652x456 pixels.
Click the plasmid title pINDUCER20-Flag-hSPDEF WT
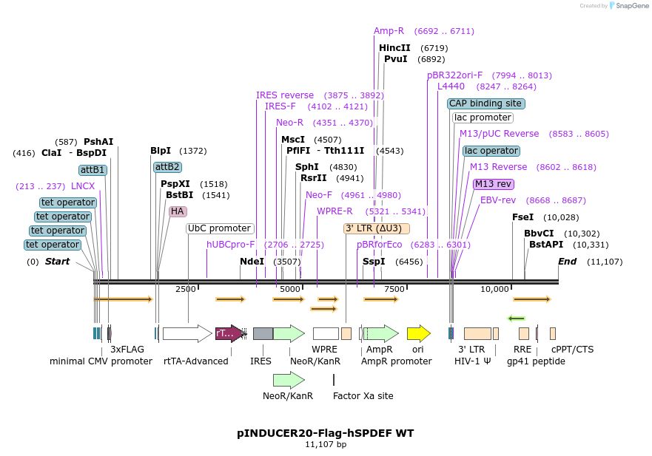coord(326,433)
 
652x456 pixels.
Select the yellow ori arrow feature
coord(418,333)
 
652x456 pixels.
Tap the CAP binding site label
coord(485,103)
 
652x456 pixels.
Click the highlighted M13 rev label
coord(493,184)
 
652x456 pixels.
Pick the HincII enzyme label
coord(394,48)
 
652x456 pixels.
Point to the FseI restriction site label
coord(522,217)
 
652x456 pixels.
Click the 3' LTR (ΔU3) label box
coord(377,228)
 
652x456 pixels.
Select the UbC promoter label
coord(219,228)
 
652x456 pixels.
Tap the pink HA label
coord(178,211)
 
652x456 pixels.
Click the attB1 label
coord(93,170)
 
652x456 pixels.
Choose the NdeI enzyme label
coord(252,262)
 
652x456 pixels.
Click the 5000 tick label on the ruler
coord(290,289)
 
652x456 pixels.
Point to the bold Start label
coord(57,262)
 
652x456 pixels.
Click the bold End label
coord(567,262)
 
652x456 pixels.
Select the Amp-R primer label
coord(389,31)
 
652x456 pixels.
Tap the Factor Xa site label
coord(363,396)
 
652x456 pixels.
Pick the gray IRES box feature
coord(263,333)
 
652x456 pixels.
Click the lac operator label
coord(491,151)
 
